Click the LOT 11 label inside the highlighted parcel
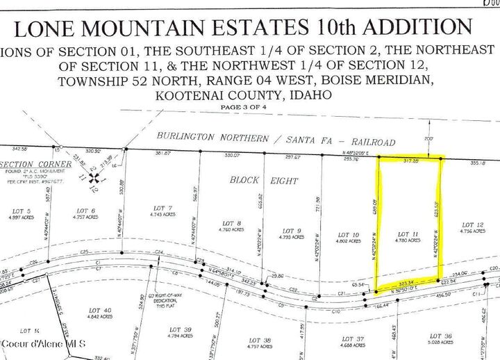pyautogui.click(x=408, y=234)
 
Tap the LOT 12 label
pyautogui.click(x=472, y=224)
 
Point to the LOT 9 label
pyautogui.click(x=291, y=231)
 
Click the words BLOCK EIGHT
pyautogui.click(x=264, y=180)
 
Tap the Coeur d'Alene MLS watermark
pyautogui.click(x=42, y=344)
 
